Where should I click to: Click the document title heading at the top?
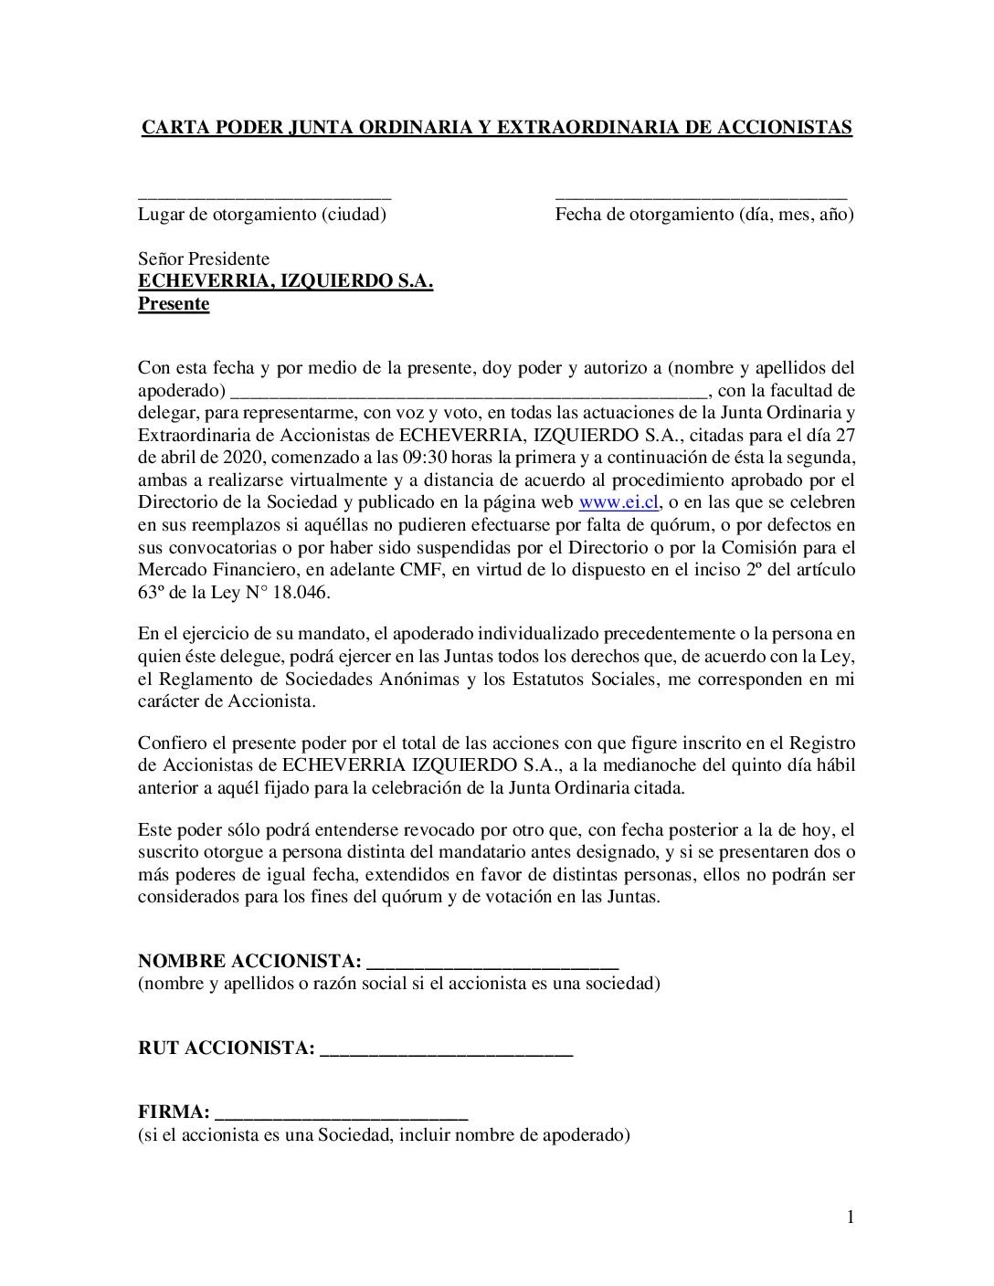(496, 127)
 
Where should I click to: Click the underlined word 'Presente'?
(174, 304)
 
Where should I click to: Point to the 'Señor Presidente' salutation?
(203, 259)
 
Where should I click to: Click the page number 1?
(850, 1217)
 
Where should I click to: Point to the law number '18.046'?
(306, 592)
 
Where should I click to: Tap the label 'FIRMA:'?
(174, 1113)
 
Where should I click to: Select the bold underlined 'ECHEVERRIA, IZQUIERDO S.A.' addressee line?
(285, 282)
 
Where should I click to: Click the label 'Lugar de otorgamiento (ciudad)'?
(262, 216)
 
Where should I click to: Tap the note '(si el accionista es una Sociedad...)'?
(385, 1136)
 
